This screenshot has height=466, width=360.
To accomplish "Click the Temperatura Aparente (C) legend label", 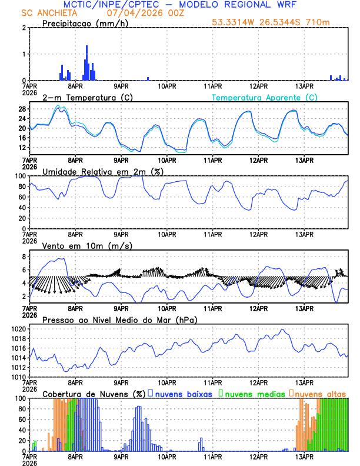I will click(265, 98).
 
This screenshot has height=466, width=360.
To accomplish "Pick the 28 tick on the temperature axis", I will click(22, 109).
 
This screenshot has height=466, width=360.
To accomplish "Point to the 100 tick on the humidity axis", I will click(19, 176).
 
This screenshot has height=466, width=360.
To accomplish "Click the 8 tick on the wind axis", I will click(24, 257).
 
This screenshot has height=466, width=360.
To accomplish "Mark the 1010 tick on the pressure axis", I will click(18, 377).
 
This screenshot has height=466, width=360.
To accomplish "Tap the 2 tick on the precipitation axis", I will click(24, 28).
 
